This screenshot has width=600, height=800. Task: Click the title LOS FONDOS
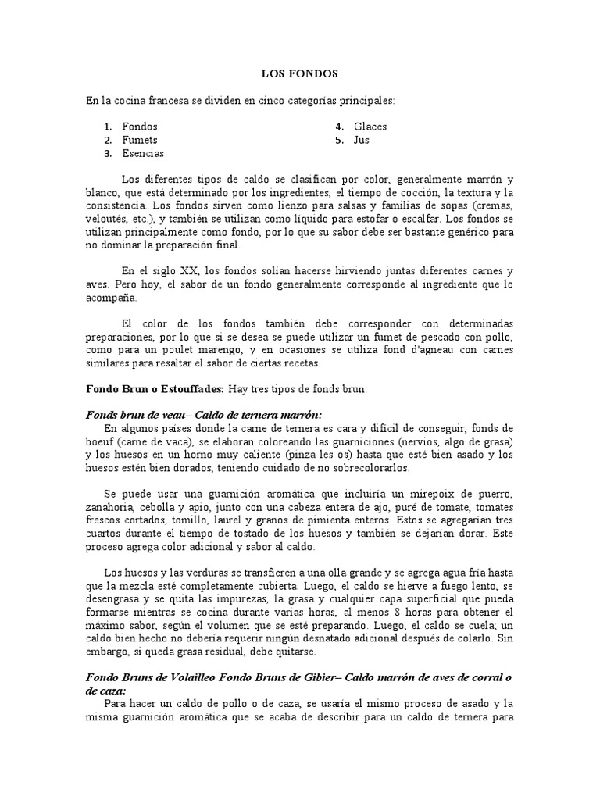[x=299, y=74]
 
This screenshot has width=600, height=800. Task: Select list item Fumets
[x=140, y=140]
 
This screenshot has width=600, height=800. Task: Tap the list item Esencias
[x=143, y=154]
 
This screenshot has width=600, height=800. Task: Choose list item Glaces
[x=370, y=126]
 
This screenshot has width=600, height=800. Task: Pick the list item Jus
[x=362, y=140]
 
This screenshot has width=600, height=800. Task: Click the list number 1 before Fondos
[x=106, y=127]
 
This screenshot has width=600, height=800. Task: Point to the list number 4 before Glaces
[x=340, y=127]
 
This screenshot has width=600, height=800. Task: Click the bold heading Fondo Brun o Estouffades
[x=155, y=388]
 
